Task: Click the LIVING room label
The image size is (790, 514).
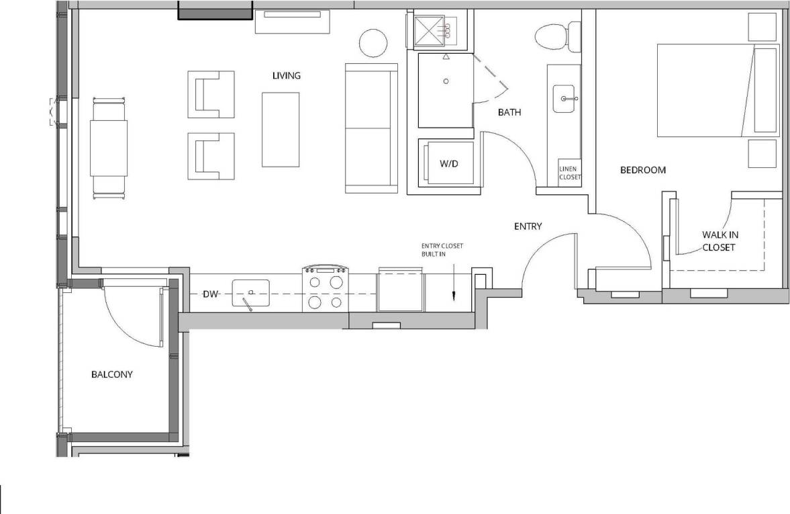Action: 286,75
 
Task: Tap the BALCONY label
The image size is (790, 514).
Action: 111,374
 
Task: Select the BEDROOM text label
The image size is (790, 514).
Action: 642,170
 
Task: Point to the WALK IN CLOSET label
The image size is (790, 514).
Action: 720,241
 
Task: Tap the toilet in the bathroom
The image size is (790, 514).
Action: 557,36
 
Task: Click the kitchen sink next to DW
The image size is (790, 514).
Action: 250,293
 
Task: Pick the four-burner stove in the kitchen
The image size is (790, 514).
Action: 326,289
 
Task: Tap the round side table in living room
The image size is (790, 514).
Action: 373,44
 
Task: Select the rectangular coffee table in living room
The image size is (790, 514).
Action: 280,129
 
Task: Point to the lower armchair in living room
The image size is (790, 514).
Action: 211,155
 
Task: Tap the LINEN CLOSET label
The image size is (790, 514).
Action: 570,173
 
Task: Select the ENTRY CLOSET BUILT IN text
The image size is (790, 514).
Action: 442,250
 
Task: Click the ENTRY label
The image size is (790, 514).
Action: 528,226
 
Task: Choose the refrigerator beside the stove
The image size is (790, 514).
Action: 400,290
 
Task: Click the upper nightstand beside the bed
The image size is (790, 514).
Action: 762,27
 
